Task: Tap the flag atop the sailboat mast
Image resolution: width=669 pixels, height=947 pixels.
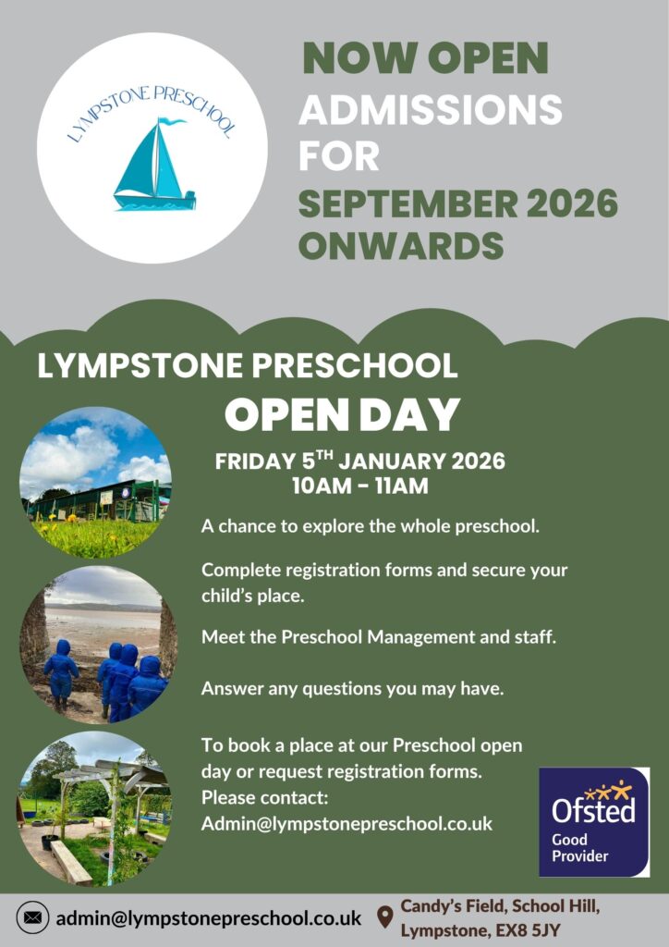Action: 171,121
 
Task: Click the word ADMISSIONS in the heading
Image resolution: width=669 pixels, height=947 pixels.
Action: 430,109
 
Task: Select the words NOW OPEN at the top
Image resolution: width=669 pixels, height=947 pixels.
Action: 425,58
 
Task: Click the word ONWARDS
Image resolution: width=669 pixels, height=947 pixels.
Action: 400,245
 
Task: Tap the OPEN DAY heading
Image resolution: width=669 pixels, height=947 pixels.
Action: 342,415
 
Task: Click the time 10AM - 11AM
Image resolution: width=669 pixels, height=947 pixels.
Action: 360,486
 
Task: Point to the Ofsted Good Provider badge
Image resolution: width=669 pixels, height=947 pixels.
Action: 594,821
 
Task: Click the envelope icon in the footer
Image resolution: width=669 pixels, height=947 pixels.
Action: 32,918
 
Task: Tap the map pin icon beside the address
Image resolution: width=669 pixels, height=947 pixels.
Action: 385,916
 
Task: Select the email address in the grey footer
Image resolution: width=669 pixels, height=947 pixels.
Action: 208,918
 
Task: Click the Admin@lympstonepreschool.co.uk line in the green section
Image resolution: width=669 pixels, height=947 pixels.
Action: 347,824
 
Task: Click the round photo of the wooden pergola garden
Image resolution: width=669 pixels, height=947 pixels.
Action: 94,809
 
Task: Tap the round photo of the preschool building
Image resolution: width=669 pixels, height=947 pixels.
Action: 95,483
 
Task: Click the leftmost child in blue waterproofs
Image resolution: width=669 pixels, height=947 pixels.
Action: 61,673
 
